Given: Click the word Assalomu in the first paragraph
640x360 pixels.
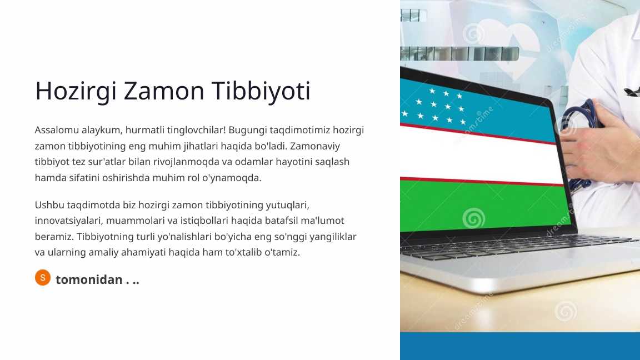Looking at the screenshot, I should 56,130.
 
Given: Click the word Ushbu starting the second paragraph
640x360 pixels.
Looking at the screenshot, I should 48,204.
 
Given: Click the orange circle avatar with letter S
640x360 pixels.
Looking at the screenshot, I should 43,278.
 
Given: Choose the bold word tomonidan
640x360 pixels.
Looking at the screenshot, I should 89,279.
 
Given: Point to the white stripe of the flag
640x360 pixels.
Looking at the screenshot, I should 478,158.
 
